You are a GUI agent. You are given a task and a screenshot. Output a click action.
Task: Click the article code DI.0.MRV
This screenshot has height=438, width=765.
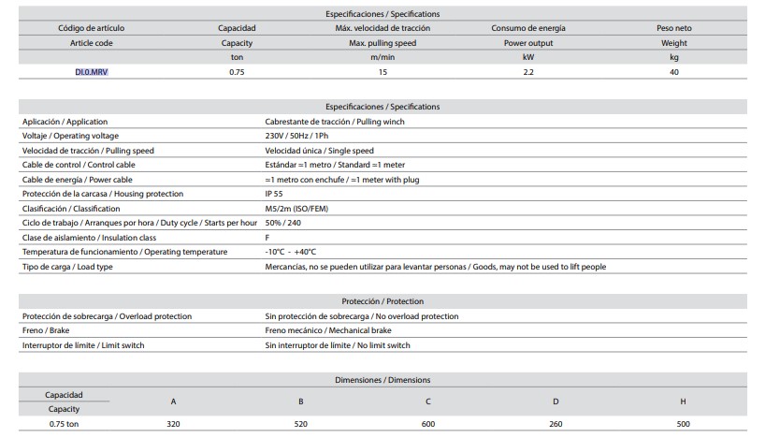coord(91,72)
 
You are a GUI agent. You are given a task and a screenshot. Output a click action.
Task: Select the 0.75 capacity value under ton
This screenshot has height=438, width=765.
coord(237,72)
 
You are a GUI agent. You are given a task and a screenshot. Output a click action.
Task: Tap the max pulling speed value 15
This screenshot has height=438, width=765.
coord(381,72)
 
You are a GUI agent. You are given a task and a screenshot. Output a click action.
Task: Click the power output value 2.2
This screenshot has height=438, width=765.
coord(527,72)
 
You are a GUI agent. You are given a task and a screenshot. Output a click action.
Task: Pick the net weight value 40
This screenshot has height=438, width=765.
coord(673,72)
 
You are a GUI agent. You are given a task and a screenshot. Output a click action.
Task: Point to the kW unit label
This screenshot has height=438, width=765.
coord(527,57)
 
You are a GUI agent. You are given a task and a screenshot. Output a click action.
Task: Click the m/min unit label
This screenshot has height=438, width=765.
coord(381,57)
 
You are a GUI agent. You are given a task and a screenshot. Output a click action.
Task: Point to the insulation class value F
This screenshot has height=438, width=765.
coord(268,238)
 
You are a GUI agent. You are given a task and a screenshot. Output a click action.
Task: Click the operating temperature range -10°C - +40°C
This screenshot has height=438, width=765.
coord(291,252)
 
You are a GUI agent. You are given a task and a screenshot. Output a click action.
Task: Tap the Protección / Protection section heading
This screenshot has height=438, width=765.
coord(382,301)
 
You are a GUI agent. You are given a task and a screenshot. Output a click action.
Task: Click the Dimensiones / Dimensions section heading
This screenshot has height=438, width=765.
coord(382,380)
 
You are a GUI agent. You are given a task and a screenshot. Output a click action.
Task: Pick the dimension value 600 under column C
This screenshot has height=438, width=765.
coord(428,424)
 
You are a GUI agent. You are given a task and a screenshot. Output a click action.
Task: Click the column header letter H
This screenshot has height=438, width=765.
coord(683,401)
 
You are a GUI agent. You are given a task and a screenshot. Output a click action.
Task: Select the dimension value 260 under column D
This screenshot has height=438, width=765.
coord(556,424)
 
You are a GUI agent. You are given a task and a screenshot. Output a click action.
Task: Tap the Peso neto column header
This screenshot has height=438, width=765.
coord(673,28)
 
